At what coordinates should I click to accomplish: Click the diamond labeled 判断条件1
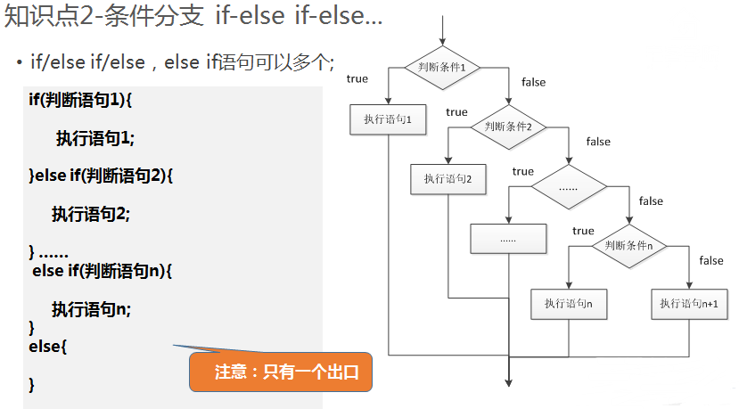pos(442,68)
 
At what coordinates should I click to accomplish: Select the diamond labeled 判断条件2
pos(508,127)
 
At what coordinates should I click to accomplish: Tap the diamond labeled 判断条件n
pos(629,245)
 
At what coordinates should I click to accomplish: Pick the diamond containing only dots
pos(569,188)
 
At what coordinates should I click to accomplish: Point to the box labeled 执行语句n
pos(569,304)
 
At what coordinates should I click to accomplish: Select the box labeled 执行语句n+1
pos(689,304)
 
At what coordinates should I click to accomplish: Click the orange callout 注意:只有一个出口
pos(280,372)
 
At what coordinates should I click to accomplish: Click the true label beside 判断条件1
pos(357,79)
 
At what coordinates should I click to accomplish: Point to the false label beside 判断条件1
pos(533,83)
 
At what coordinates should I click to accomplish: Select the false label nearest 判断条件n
pos(711,260)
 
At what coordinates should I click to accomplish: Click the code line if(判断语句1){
pos(80,99)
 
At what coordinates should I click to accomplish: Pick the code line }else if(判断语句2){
pos(101,176)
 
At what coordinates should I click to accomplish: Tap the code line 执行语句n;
pos(92,309)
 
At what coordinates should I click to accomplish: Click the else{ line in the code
pos(48,346)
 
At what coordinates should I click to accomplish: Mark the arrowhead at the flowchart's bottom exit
pos(508,381)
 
